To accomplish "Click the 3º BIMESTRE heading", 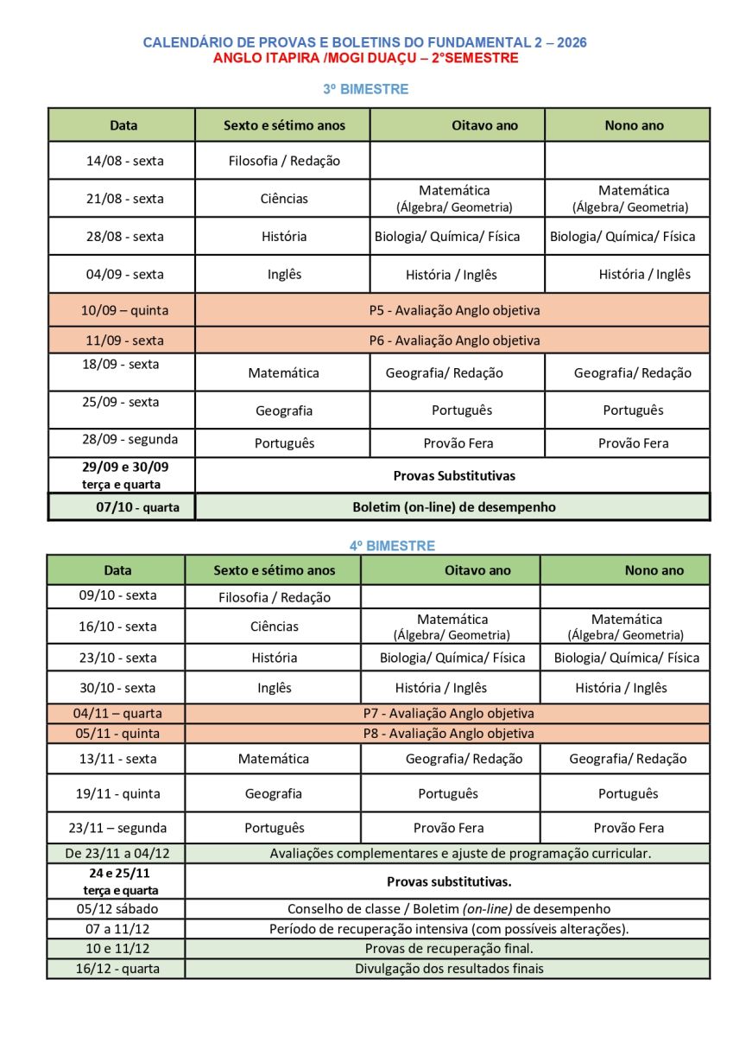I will [366, 89].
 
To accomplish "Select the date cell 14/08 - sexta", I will [123, 161].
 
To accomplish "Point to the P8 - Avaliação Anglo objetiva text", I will [448, 734].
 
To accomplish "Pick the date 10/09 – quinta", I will [124, 310].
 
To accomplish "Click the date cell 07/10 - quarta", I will [137, 507].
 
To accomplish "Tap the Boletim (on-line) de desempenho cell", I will [453, 507].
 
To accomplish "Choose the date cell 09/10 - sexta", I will [117, 595].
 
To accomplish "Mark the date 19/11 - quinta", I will [117, 793].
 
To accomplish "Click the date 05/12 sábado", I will [117, 909].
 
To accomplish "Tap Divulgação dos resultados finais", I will [449, 969].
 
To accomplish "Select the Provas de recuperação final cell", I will [449, 949].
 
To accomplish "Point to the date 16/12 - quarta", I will [117, 969].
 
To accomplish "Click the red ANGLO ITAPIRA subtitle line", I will [366, 58].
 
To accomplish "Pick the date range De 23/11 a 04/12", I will [117, 853].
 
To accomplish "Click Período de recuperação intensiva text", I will [449, 929].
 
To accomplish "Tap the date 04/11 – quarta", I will [117, 714].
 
